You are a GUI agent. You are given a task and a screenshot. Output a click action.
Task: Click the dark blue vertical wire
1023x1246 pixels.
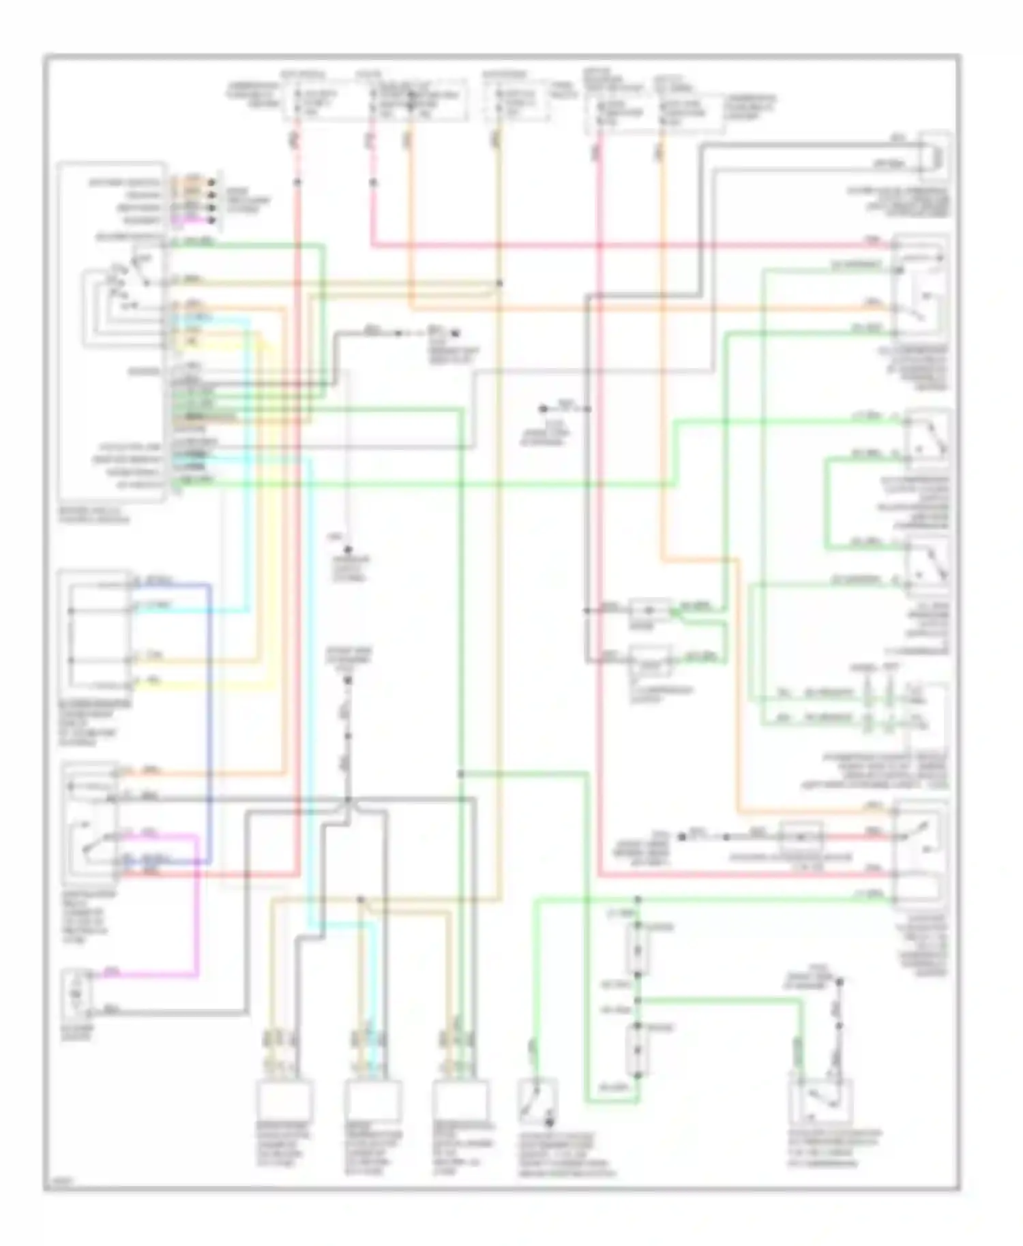(209, 723)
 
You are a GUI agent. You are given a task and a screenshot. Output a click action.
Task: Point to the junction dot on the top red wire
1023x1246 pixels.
(298, 182)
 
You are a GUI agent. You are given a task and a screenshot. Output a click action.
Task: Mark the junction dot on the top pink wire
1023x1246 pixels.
(373, 183)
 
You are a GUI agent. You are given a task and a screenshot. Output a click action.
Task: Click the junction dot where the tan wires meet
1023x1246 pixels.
(500, 283)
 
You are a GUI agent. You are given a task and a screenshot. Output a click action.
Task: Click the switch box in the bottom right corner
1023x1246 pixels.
(821, 1100)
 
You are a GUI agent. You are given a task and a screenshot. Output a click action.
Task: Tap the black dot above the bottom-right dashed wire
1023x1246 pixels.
(840, 982)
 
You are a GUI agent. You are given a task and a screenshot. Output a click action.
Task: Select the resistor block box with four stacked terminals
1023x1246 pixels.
(95, 630)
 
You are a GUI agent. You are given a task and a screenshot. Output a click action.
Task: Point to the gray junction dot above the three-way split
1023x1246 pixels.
(349, 800)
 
